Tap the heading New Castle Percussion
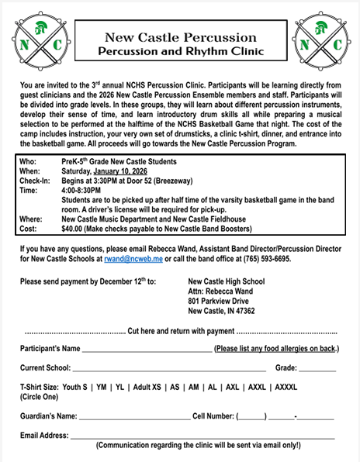tap(181, 36)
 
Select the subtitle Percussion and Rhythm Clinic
tap(181, 51)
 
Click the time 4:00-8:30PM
tap(81, 190)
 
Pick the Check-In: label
tap(35, 181)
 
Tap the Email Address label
tap(43, 436)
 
